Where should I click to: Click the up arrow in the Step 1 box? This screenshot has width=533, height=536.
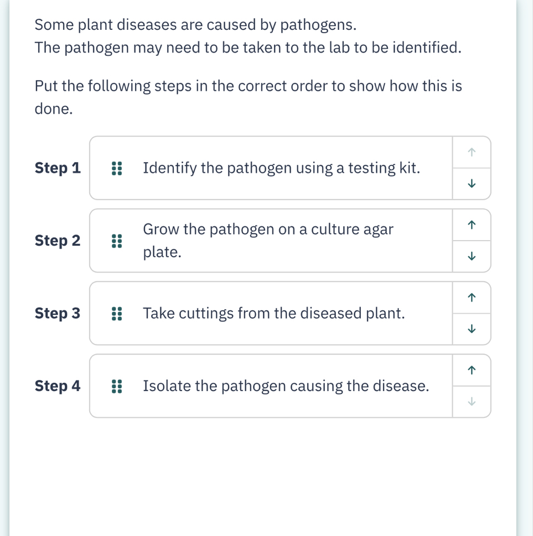click(471, 152)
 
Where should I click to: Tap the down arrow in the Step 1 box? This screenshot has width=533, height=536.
click(471, 184)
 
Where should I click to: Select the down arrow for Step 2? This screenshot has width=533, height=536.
click(471, 257)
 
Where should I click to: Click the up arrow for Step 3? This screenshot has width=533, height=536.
click(471, 298)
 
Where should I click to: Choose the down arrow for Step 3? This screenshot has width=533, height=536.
click(471, 329)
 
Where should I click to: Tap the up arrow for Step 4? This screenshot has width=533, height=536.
click(471, 370)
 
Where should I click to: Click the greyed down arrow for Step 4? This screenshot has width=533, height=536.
click(471, 402)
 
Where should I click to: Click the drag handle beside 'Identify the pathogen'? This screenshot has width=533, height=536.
click(116, 168)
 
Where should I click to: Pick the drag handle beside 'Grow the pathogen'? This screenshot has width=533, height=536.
click(116, 241)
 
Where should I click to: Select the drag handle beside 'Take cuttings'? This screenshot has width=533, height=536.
click(116, 314)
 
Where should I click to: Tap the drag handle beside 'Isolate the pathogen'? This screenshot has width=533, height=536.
click(116, 386)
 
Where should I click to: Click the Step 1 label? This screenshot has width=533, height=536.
click(58, 168)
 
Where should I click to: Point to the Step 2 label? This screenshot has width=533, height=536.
click(58, 241)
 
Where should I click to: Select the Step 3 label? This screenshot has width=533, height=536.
click(58, 314)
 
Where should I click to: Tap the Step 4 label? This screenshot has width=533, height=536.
click(58, 386)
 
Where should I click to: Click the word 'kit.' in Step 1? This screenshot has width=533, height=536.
click(409, 168)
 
